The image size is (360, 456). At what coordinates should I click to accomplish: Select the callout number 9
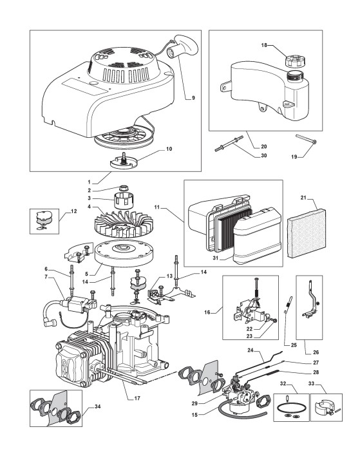point(193,98)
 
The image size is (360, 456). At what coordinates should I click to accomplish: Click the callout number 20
point(264,146)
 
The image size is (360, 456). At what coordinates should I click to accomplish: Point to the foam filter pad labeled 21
point(306,234)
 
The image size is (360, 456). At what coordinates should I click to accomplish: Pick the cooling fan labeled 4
point(120,225)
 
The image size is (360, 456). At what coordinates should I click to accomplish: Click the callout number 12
point(74,211)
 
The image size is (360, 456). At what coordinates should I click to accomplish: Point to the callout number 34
point(98,406)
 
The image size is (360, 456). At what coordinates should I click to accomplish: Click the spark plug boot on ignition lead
point(49,321)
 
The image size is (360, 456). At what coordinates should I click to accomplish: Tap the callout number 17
point(137,398)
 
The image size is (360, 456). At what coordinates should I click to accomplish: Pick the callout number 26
point(316,352)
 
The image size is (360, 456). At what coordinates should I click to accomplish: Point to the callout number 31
point(215,258)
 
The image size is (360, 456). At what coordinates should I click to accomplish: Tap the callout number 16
point(207,312)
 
